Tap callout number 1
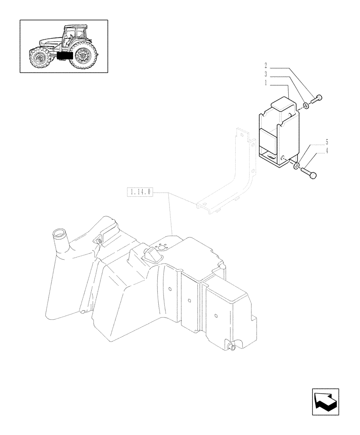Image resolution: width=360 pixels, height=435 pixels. [x=265, y=82]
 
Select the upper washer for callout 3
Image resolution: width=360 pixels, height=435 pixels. [x=306, y=105]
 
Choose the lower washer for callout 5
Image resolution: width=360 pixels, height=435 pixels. [x=296, y=166]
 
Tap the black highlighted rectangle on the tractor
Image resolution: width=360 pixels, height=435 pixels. [x=64, y=56]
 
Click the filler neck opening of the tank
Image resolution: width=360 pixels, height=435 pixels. [x=58, y=233]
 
